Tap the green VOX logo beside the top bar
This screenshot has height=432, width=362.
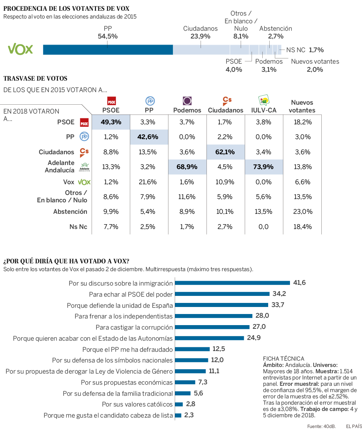click(21, 49)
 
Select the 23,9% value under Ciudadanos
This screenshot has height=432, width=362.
click(201, 36)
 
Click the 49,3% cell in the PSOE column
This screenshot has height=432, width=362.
click(111, 122)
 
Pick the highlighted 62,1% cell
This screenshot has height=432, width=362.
click(226, 152)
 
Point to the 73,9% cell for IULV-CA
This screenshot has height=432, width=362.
click(264, 167)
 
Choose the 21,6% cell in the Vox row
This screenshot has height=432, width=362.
click(149, 182)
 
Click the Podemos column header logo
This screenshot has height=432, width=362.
click(187, 101)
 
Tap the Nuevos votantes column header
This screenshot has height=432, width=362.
click(302, 106)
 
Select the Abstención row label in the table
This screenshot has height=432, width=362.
click(70, 212)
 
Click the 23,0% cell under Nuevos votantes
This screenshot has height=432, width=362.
click(302, 212)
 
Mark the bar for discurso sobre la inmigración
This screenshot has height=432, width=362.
click(232, 283)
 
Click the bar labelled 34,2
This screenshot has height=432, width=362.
click(222, 294)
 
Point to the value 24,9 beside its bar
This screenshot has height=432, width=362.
click(254, 338)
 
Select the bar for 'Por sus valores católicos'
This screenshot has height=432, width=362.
click(179, 404)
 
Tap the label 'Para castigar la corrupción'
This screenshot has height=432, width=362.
click(134, 327)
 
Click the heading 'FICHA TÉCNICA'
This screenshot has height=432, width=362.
click(283, 358)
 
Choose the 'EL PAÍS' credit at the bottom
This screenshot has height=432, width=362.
click(354, 426)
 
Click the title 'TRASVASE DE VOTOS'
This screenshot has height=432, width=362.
click(35, 78)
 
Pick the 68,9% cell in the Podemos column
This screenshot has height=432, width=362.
click(187, 167)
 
